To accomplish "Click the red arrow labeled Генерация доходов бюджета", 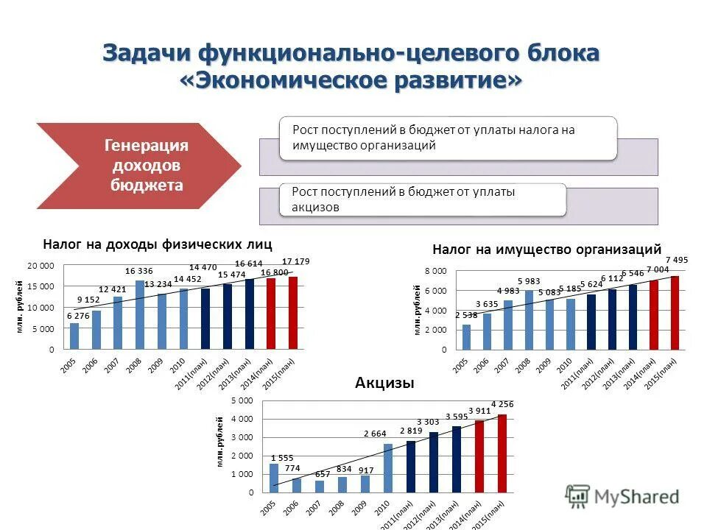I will (140, 166).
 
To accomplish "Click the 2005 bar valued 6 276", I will (74, 336).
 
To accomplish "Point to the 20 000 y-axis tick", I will (41, 265).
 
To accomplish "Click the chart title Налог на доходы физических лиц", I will (158, 244).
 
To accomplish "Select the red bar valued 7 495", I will (675, 313).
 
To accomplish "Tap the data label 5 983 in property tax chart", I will (529, 281).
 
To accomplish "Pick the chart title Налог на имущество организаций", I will (546, 250).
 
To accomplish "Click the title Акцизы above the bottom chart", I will (384, 383).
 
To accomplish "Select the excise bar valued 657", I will (320, 486).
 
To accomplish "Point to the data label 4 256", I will (503, 404).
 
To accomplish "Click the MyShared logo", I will (622, 497).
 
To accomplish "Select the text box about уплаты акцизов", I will (423, 199).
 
